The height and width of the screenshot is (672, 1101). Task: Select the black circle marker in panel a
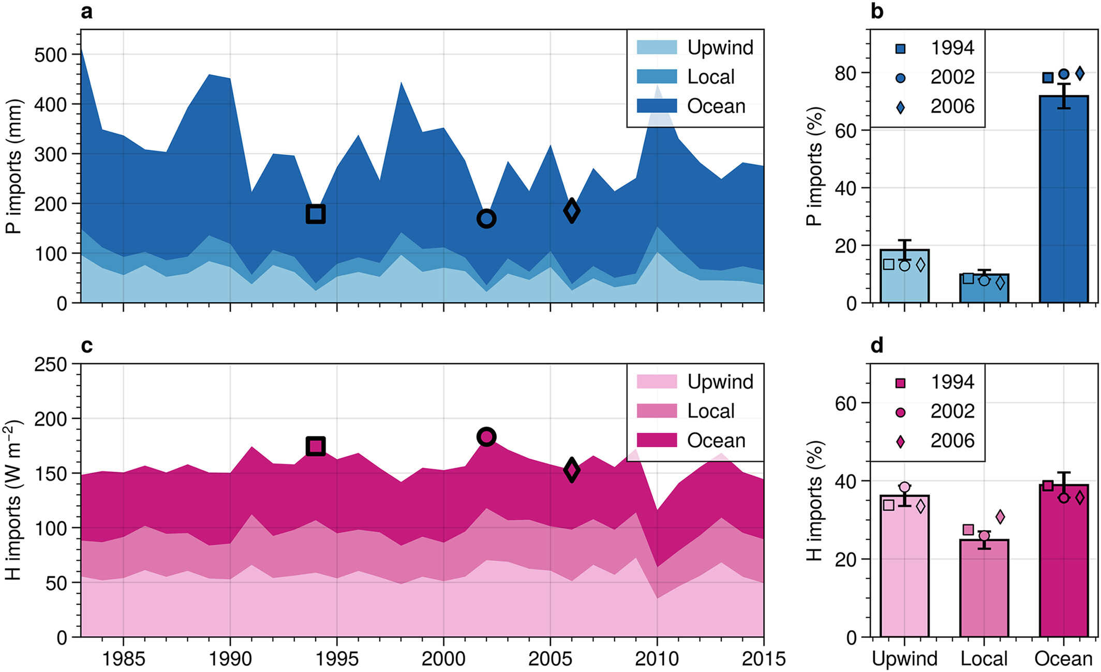(478, 219)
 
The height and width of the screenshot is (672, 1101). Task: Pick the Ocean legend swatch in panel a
(657, 106)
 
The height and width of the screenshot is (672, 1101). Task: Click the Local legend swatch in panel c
(657, 411)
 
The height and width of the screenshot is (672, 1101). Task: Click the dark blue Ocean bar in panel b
(1064, 199)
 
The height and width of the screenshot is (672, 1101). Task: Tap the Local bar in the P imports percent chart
(984, 288)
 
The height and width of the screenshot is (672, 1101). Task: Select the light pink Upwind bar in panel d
(904, 566)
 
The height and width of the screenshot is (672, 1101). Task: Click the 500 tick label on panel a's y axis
(51, 55)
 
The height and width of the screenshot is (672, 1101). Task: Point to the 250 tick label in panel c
(51, 364)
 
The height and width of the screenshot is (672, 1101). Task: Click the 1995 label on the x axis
(337, 659)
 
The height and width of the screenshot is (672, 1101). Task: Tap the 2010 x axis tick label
(657, 659)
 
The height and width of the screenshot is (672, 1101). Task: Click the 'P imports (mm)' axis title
(14, 166)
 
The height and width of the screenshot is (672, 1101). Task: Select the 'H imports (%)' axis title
(814, 501)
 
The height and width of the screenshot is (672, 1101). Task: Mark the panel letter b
(877, 11)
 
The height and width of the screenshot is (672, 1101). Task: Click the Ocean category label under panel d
(1063, 659)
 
